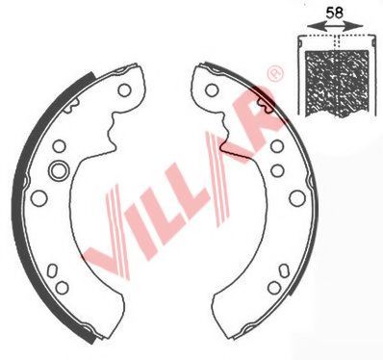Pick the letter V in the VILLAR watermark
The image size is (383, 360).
tap(112, 225)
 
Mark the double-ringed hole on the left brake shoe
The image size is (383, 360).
tap(57, 171)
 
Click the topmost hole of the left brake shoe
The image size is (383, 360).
tap(123, 90)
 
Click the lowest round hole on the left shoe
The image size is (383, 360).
tap(64, 287)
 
